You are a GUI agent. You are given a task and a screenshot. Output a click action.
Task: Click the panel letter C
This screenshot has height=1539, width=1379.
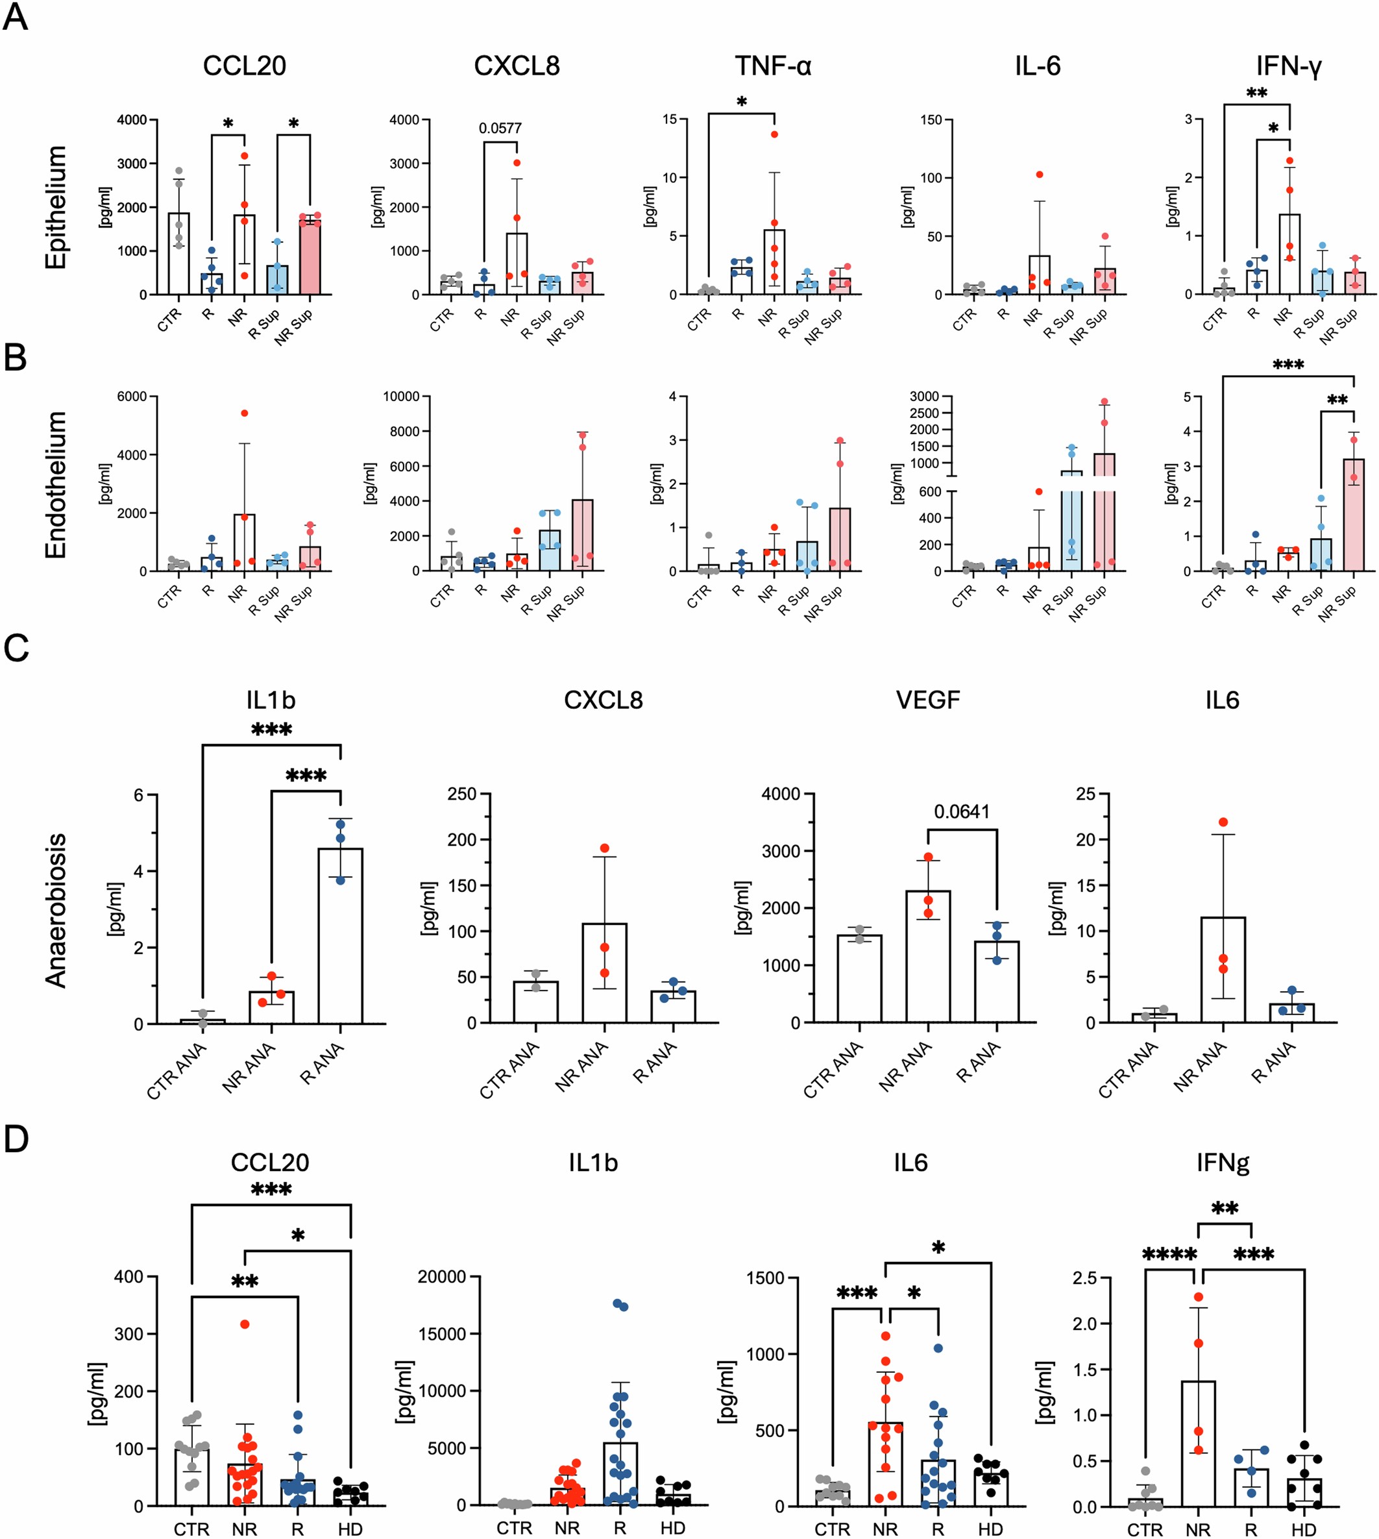[x=16, y=648]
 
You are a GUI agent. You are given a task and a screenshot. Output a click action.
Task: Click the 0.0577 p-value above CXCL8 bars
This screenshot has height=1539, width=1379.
[x=500, y=128]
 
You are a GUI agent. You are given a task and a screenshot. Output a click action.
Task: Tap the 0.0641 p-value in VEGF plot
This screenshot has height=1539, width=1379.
[x=962, y=811]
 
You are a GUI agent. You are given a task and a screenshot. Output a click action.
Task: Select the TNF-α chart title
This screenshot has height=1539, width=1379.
[x=773, y=67]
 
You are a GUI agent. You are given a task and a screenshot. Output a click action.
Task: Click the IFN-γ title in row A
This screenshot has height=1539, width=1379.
[x=1288, y=67]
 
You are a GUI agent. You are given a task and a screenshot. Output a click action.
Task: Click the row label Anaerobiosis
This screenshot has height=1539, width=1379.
[x=56, y=911]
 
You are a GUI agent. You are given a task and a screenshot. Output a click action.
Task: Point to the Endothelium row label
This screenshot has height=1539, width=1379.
[x=56, y=485]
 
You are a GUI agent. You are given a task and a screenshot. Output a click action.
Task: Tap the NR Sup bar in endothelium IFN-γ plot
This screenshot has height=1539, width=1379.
[x=1353, y=515]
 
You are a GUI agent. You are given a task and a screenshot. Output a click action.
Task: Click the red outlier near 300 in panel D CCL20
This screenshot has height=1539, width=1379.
[x=245, y=1324]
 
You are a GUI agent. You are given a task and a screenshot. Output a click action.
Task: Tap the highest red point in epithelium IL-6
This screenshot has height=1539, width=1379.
[x=1040, y=175]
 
